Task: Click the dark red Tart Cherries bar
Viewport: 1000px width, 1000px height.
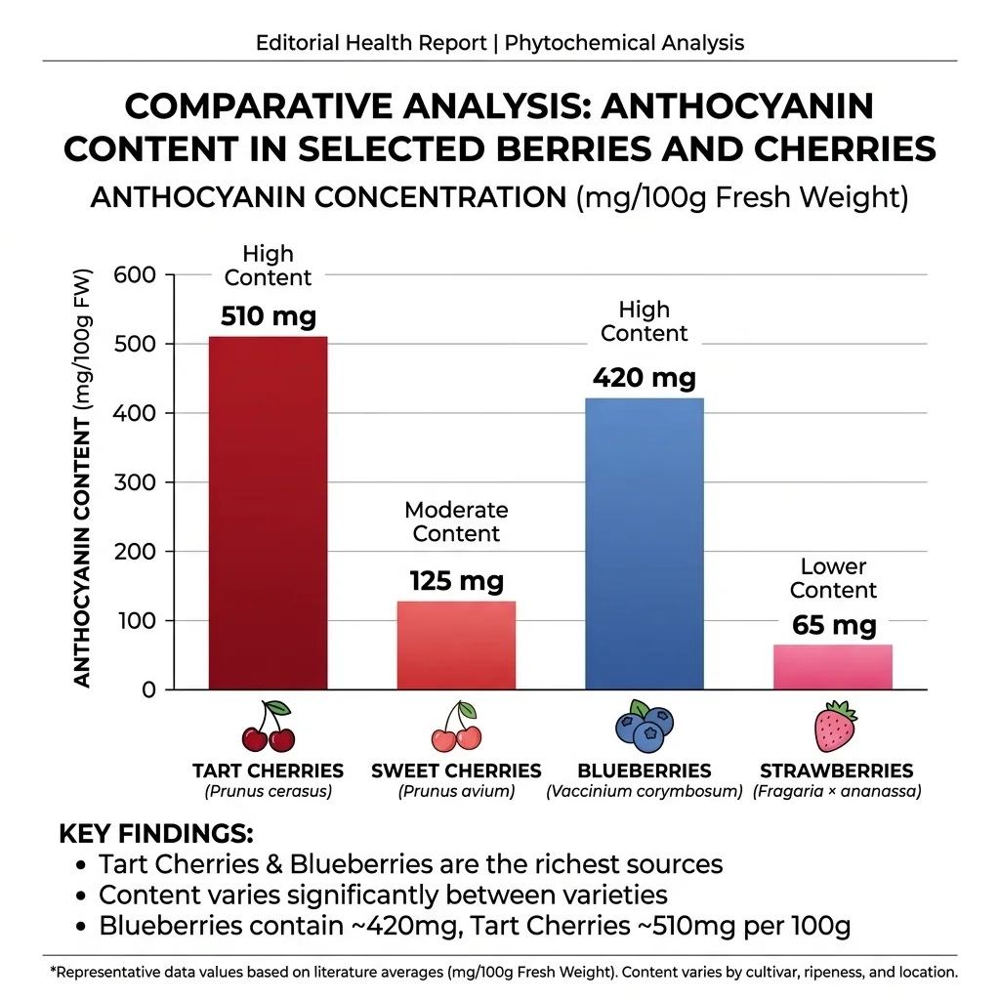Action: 269,513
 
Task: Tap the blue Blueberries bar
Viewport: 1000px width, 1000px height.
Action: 645,543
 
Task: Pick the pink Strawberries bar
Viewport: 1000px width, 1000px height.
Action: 833,667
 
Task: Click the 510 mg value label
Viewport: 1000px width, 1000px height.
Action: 269,317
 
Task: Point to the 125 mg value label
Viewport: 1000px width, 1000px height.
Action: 456,582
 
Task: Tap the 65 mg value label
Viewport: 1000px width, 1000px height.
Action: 834,625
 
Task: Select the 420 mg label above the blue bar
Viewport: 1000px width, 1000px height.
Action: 645,377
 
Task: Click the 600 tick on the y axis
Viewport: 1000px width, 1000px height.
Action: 135,274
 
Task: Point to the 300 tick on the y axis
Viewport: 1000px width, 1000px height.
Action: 135,482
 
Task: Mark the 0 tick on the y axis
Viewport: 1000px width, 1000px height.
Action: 148,689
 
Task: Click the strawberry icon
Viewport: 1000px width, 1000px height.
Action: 835,726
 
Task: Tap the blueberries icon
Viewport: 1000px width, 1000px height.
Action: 644,726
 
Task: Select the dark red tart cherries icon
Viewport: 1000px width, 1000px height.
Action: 269,727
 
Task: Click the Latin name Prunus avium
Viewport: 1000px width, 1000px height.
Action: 456,791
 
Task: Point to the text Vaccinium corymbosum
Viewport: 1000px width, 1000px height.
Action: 645,791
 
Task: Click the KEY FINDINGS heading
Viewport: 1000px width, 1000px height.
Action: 156,834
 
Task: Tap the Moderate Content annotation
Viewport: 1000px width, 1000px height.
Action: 456,521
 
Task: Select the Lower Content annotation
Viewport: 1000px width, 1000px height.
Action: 833,578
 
